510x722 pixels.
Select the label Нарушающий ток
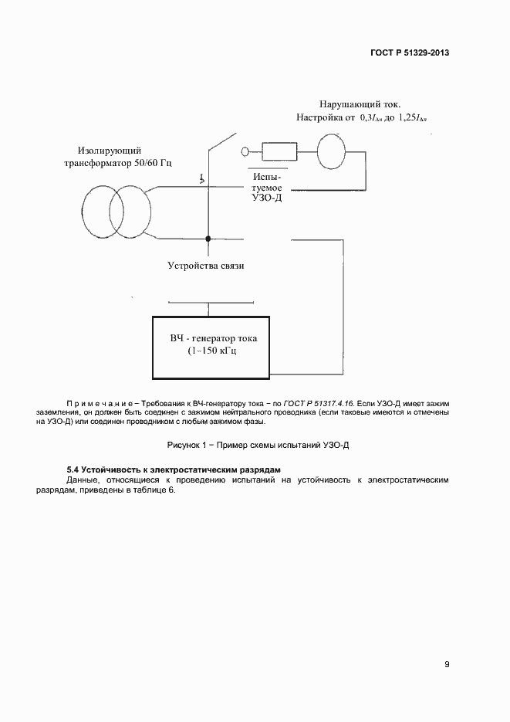[360, 103]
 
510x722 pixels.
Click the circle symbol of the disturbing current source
[334, 150]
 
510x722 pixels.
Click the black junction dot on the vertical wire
[207, 239]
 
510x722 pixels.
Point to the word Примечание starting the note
[100, 404]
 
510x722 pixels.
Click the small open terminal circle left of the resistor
[245, 151]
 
